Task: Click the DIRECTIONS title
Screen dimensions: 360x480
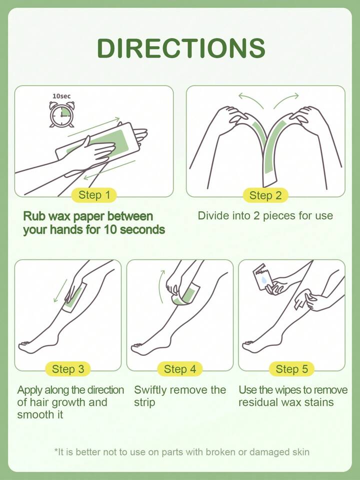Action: click(x=181, y=48)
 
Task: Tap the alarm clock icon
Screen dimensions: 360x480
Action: click(x=62, y=115)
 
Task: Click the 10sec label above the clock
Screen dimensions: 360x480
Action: click(x=61, y=96)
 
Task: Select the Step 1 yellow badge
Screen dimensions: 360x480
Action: click(x=94, y=195)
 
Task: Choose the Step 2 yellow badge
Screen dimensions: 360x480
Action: click(x=265, y=195)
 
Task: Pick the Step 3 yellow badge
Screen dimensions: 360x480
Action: click(x=68, y=369)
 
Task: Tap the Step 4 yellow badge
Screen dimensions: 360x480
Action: click(x=180, y=369)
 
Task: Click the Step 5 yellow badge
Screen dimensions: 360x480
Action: click(x=292, y=369)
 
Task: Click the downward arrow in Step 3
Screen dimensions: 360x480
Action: click(x=60, y=290)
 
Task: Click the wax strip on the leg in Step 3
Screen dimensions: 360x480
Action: click(x=75, y=297)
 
